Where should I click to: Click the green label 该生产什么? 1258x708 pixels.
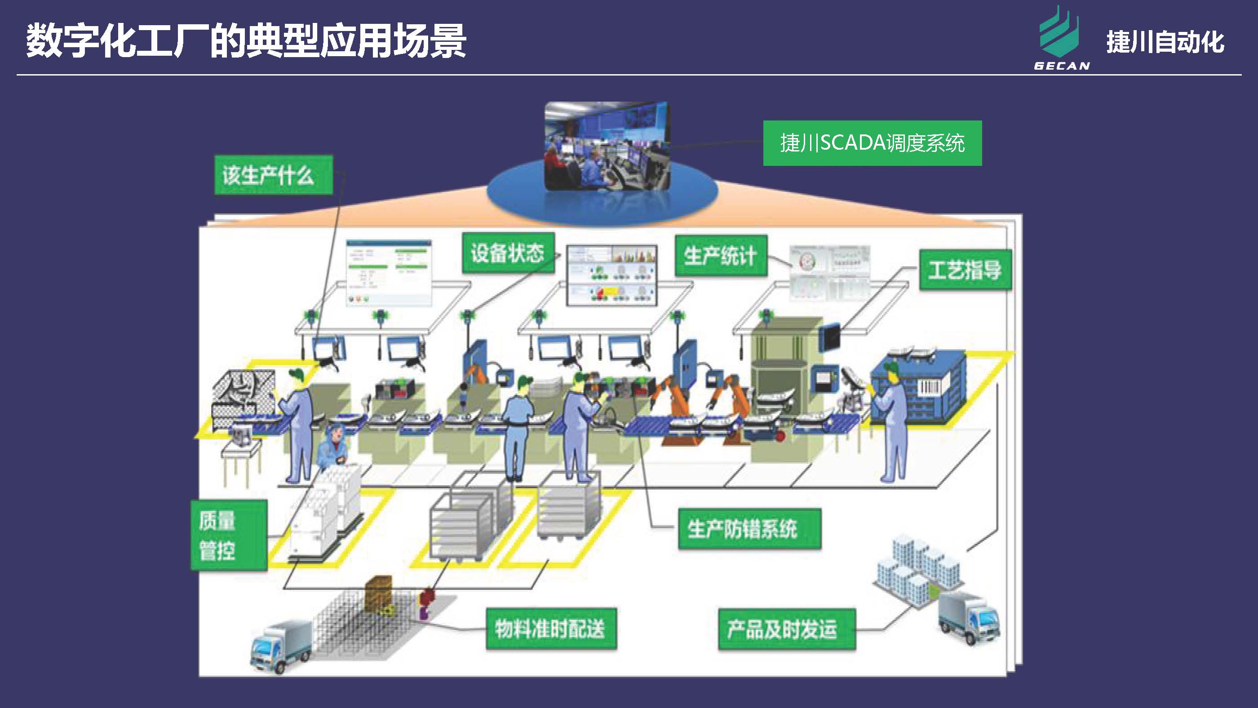pyautogui.click(x=274, y=175)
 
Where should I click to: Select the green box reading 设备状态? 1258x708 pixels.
pyautogui.click(x=508, y=253)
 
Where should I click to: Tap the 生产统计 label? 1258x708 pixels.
pyautogui.click(x=721, y=255)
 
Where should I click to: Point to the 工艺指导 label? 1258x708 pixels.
pyautogui.click(x=965, y=270)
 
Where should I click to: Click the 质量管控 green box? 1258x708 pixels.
pyautogui.click(x=229, y=535)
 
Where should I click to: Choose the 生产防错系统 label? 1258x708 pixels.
pyautogui.click(x=749, y=529)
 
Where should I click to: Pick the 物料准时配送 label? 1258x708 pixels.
pyautogui.click(x=551, y=628)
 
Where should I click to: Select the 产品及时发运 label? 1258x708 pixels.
pyautogui.click(x=786, y=629)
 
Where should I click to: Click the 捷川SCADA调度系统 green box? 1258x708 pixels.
pyautogui.click(x=872, y=143)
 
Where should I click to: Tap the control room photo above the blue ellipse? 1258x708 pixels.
pyautogui.click(x=607, y=146)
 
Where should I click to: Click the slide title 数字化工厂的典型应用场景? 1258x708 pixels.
pyautogui.click(x=246, y=41)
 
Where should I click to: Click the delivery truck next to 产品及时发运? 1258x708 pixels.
pyautogui.click(x=969, y=617)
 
